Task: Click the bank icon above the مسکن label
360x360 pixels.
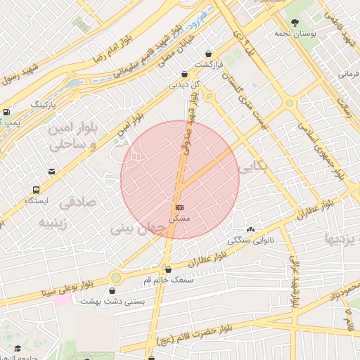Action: coord(180,208)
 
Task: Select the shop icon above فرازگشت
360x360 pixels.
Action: coord(208,53)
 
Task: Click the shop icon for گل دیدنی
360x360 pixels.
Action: coord(184,74)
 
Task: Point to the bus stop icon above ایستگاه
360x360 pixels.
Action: coord(36,190)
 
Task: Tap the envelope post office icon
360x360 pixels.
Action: coord(51,172)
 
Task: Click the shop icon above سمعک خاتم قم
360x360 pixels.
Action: coord(167,269)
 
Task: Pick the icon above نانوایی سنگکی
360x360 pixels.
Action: coord(250,229)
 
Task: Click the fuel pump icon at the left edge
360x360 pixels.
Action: coord(6,112)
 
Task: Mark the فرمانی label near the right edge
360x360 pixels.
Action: coord(349,73)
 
